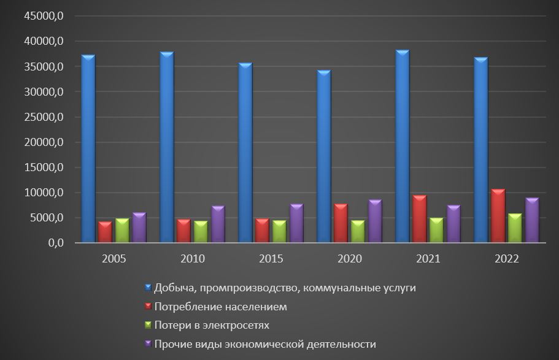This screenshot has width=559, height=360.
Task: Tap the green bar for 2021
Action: (436, 230)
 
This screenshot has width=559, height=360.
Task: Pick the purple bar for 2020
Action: (375, 221)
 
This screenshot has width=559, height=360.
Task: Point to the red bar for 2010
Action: (183, 231)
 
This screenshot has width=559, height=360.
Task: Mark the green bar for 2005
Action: (122, 230)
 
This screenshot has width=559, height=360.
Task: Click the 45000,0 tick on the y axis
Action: (43, 17)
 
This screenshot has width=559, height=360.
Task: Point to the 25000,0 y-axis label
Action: (43, 117)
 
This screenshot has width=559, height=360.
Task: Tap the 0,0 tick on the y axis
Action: (53, 243)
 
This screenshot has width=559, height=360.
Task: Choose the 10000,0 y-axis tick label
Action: (43, 193)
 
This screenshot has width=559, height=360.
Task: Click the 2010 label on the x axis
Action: (193, 259)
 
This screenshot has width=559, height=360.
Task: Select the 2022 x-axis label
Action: (507, 259)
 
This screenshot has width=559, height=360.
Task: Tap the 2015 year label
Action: (271, 259)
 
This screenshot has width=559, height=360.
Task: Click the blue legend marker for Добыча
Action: (148, 287)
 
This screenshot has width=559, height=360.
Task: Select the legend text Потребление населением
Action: (220, 306)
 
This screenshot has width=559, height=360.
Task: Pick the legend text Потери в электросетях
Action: (212, 325)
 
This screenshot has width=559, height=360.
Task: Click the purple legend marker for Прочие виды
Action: (148, 343)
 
